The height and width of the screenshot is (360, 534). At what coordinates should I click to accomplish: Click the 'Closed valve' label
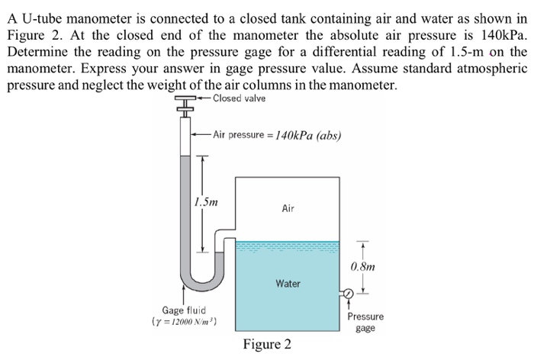[240, 98]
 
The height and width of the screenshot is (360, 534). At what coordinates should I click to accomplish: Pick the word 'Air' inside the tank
[288, 207]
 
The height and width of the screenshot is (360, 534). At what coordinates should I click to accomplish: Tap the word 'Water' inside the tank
[288, 284]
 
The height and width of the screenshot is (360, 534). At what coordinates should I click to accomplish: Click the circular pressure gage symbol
[347, 293]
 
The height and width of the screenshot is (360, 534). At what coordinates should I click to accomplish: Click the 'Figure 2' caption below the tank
[266, 345]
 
